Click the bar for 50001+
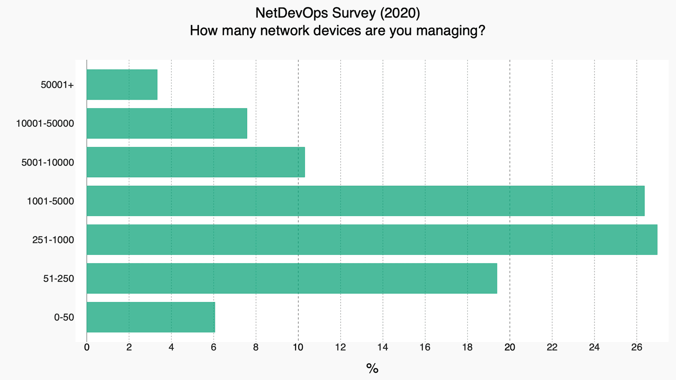122,84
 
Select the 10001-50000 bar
166,123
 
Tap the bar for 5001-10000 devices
195,162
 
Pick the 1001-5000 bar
365,201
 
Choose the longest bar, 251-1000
372,240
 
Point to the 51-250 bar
292,278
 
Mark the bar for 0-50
150,317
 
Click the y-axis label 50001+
57,85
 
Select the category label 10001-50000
45,124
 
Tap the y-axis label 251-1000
53,240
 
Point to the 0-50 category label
64,318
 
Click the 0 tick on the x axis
87,347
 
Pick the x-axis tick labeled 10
298,347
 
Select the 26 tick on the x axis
637,347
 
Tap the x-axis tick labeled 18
467,347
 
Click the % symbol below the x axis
372,369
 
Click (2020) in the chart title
400,14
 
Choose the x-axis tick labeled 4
171,347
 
